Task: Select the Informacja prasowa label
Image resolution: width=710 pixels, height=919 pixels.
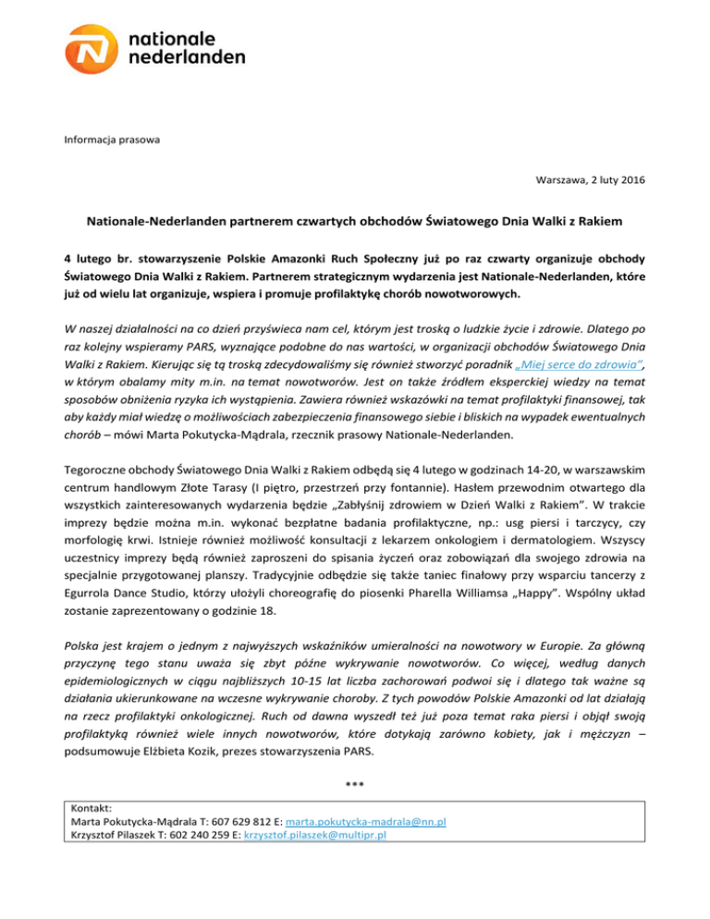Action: click(110, 141)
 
